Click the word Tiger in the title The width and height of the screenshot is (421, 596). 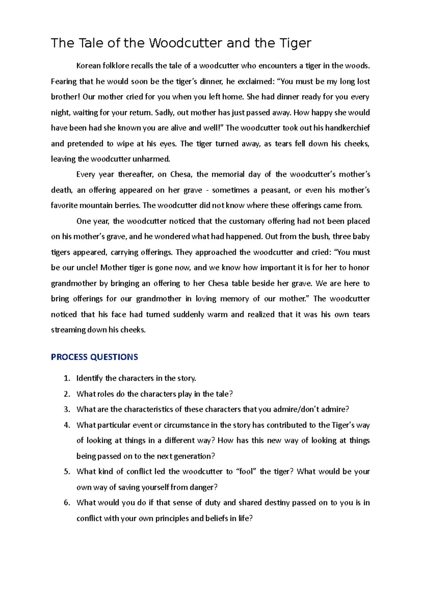295,43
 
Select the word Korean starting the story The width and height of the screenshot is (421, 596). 88,66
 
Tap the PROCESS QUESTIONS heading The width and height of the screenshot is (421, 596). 94,357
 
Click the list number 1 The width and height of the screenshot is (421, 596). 67,378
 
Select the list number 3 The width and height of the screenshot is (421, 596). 67,409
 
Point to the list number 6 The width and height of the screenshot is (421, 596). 67,503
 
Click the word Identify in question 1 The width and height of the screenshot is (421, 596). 89,378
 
